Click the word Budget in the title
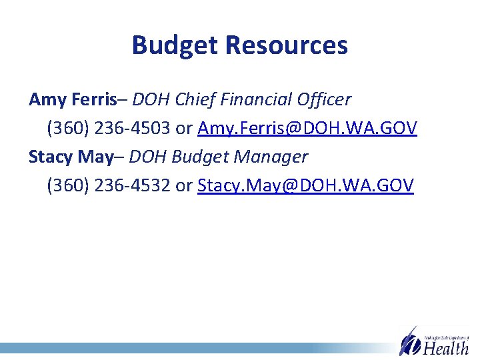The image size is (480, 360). coord(175,45)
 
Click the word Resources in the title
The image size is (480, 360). coord(286,45)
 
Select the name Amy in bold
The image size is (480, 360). coord(47,100)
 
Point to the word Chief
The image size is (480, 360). coord(190,99)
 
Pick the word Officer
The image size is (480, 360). coord(324,99)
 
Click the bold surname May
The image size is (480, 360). coord(95,157)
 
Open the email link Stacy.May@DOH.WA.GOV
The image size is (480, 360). coord(305,185)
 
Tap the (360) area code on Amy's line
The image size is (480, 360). coord(68,128)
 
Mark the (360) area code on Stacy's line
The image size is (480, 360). coord(68,185)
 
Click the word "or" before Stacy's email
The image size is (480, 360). coord(183,185)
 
